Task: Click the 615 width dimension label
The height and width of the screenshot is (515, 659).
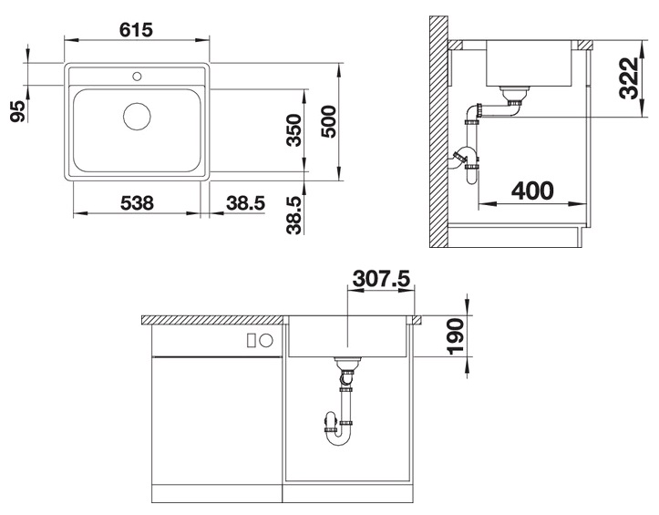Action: (x=136, y=30)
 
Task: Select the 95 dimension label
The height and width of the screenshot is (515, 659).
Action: (x=17, y=111)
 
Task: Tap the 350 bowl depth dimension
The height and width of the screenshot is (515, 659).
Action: (x=294, y=130)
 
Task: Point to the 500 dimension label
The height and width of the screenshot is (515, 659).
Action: (x=329, y=121)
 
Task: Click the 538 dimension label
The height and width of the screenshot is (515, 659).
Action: (x=137, y=203)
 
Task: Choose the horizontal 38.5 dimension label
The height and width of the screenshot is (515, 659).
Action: (x=245, y=203)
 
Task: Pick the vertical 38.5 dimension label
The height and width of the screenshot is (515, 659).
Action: (x=294, y=215)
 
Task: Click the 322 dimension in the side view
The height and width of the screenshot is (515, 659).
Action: (x=629, y=78)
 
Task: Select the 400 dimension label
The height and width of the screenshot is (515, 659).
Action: (x=532, y=191)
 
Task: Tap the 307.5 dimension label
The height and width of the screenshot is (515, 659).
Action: (x=381, y=278)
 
